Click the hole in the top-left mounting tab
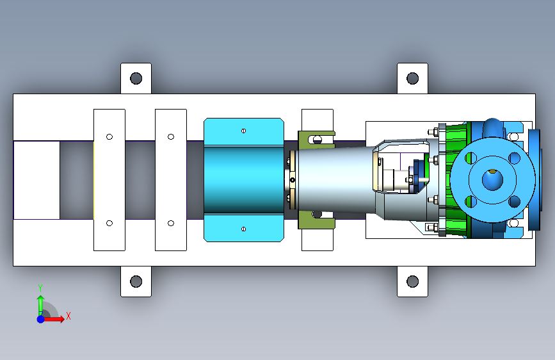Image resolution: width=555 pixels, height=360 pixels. [136, 78]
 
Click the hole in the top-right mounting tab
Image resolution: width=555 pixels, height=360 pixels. [412, 78]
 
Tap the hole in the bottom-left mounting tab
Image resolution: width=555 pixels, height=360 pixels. [136, 282]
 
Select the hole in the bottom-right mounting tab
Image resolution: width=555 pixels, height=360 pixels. [412, 282]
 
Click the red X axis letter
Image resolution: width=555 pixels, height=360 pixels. [68, 316]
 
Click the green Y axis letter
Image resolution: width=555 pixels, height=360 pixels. [40, 288]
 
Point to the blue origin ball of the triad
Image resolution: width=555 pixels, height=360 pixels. [41, 319]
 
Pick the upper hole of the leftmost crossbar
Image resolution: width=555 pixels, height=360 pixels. [109, 137]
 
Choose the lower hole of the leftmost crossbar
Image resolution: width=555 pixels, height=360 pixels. [109, 223]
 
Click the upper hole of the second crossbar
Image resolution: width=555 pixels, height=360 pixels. [171, 137]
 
